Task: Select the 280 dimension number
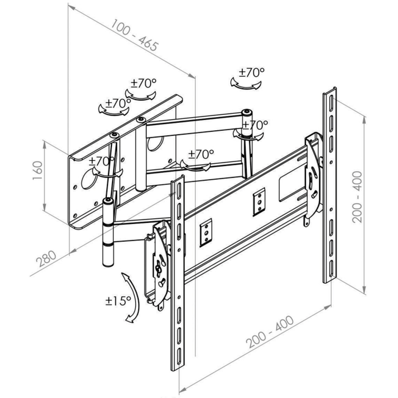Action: click(47, 258)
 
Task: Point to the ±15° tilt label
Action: click(118, 301)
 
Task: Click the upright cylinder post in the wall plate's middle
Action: click(141, 154)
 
